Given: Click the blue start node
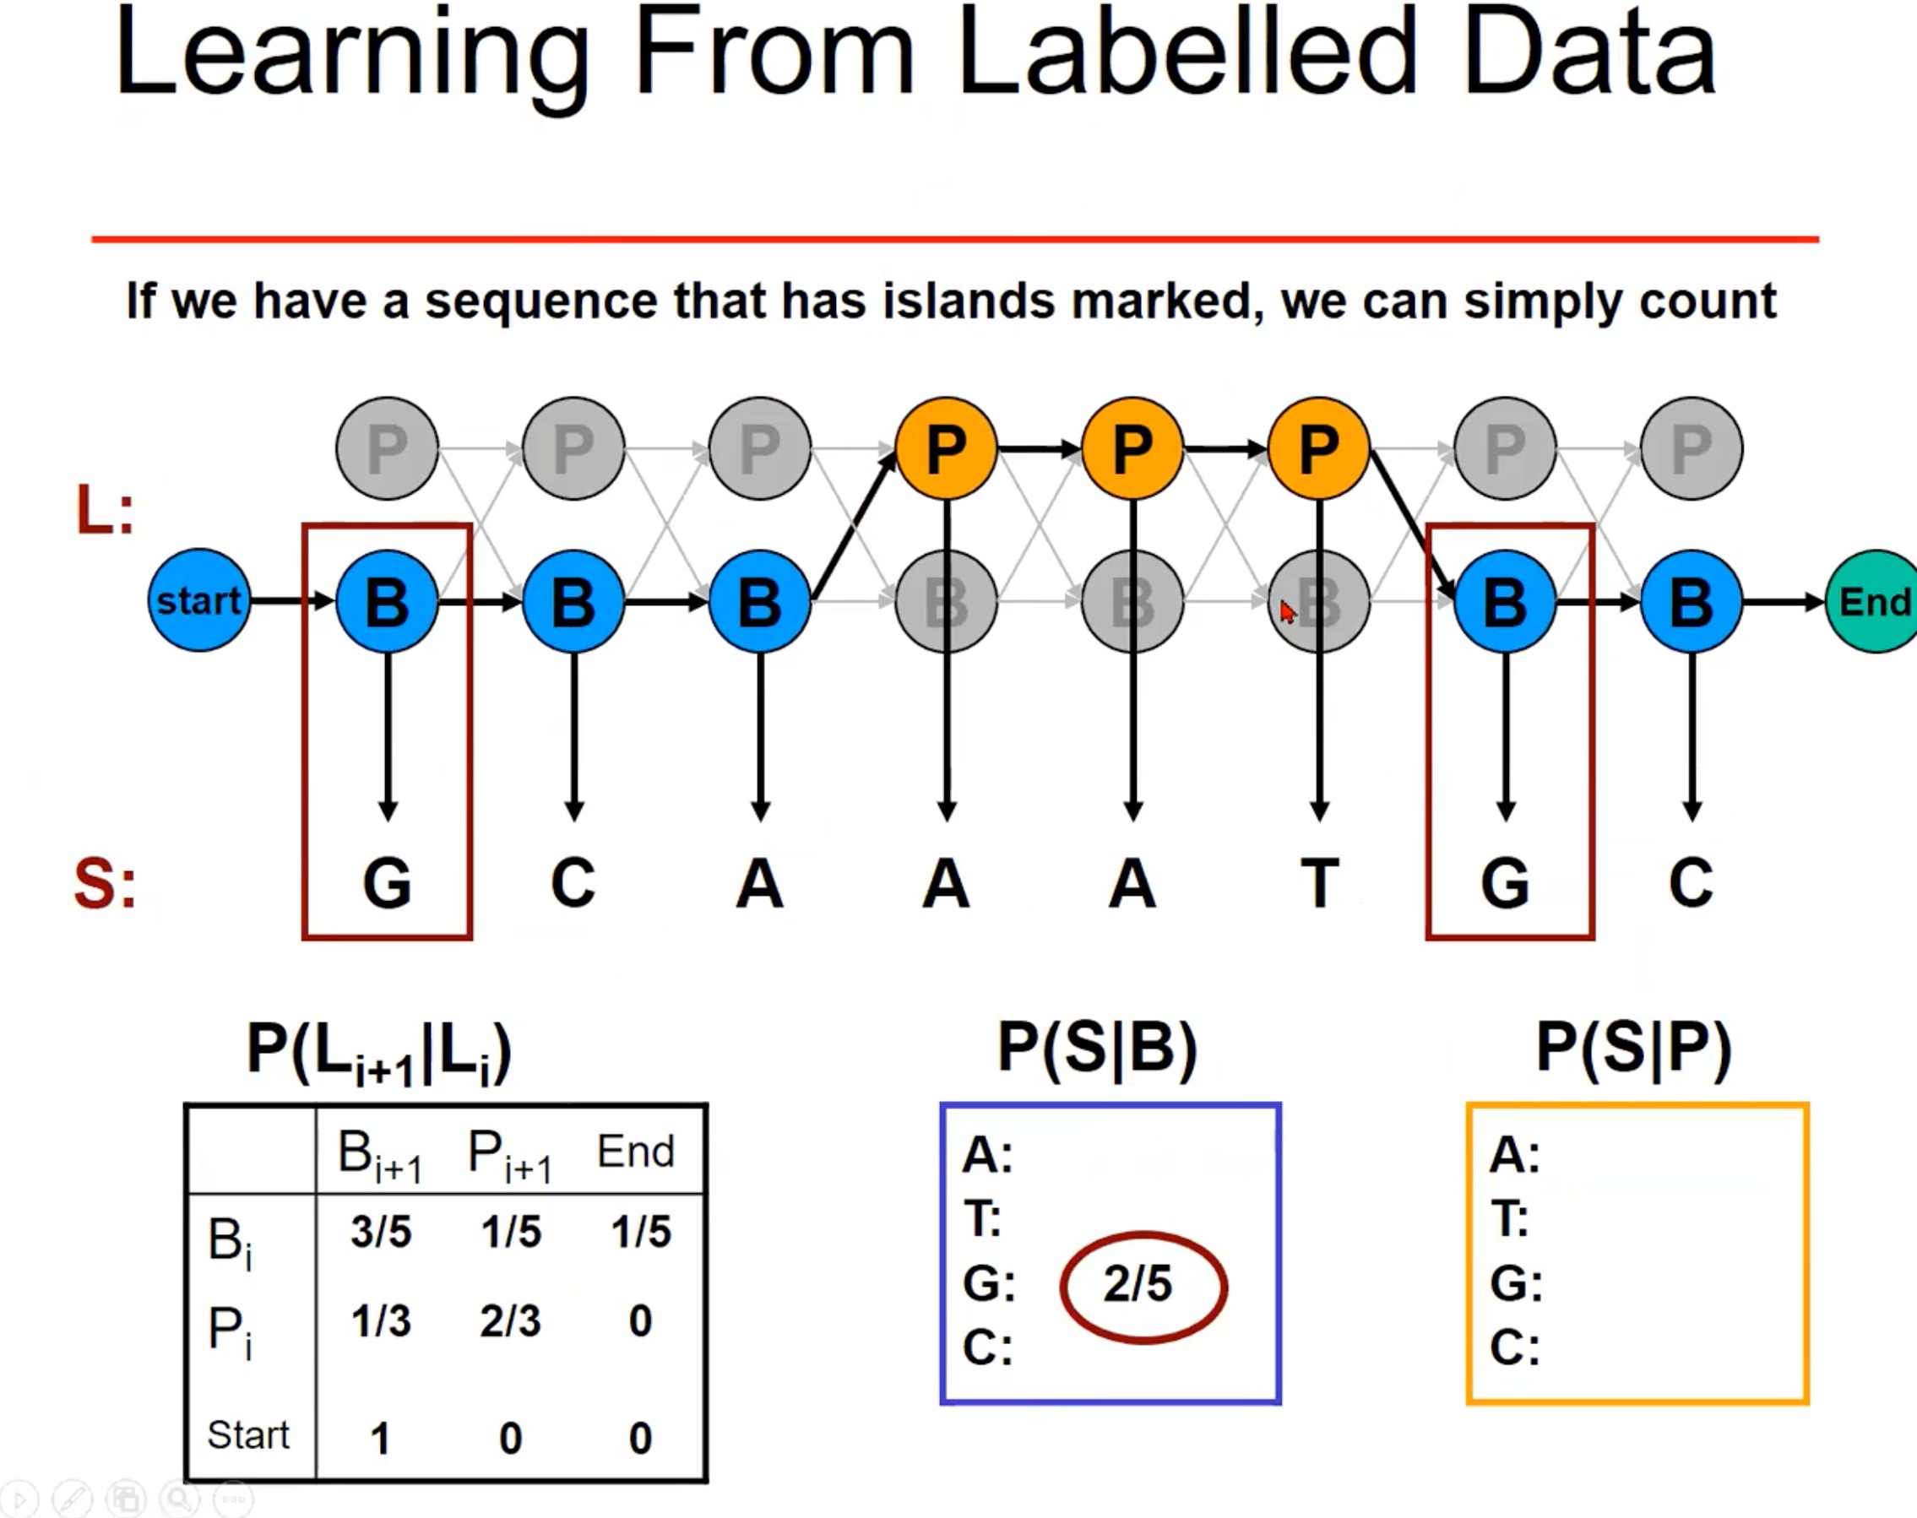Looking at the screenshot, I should (x=199, y=601).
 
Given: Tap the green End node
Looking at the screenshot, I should (x=1873, y=602).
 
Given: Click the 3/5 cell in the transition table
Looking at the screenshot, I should (x=380, y=1232).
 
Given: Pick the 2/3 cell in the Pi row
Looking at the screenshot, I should (x=510, y=1320).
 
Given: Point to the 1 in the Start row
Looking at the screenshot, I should (x=380, y=1437).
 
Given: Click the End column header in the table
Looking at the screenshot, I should (x=635, y=1152).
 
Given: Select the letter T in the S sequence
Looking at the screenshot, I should (x=1319, y=883).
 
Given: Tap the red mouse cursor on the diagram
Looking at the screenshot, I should (x=1287, y=611).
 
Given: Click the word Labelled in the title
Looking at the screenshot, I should (x=1187, y=53).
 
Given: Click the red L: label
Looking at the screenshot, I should (x=105, y=511).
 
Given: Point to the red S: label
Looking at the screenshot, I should (x=105, y=884).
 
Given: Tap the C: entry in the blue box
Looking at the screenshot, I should (x=987, y=1347).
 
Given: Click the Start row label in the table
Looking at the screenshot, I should (x=248, y=1434).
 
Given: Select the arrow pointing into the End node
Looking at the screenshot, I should (x=1783, y=602).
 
